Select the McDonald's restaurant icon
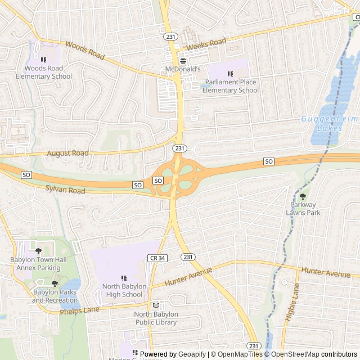pyautogui.click(x=183, y=61)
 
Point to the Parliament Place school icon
pyautogui.click(x=229, y=74)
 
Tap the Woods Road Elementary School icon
pyautogui.click(x=43, y=60)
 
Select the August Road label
pyautogui.click(x=68, y=153)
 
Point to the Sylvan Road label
pyautogui.click(x=65, y=191)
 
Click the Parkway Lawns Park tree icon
pyautogui.click(x=303, y=196)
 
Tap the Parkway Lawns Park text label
pyautogui.click(x=303, y=209)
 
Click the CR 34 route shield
pyautogui.click(x=158, y=258)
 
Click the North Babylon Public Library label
pyautogui.click(x=156, y=318)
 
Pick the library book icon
pyautogui.click(x=156, y=305)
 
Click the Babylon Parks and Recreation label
pyautogui.click(x=55, y=296)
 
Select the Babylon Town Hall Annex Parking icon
pyautogui.click(x=38, y=251)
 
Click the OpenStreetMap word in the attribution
pyautogui.click(x=292, y=354)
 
